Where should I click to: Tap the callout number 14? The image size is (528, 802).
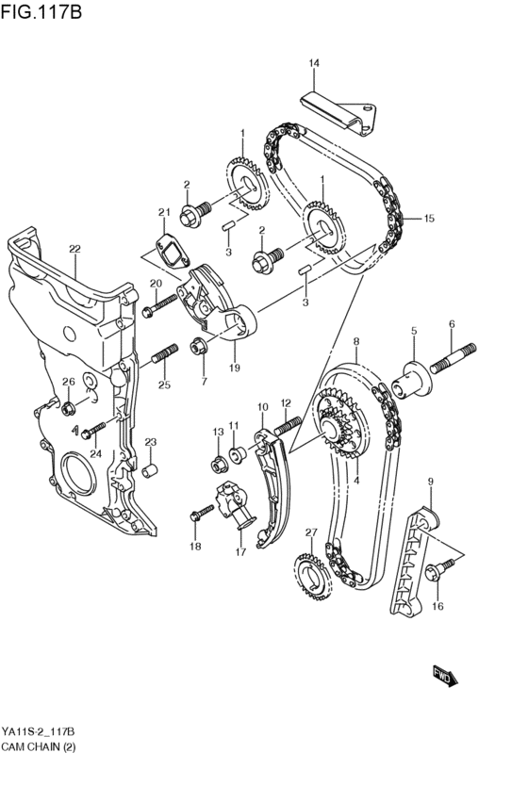[x=313, y=63]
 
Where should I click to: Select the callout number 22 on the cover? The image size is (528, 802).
[x=74, y=249]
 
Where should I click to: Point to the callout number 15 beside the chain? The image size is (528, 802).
[x=429, y=219]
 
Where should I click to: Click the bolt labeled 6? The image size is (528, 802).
[x=454, y=363]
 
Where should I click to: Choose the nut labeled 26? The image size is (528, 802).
[x=68, y=409]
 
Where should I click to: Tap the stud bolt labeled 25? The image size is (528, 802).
[x=164, y=355]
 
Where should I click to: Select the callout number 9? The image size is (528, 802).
[x=430, y=482]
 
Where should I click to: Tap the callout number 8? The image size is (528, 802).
[x=355, y=340]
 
